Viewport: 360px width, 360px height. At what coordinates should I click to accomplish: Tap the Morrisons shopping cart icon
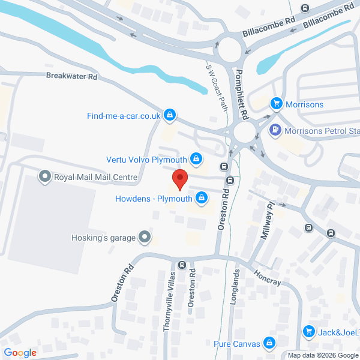click(276, 104)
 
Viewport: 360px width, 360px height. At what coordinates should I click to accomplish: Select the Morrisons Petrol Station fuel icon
click(275, 129)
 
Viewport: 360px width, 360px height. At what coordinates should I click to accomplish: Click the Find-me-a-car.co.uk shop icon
click(170, 115)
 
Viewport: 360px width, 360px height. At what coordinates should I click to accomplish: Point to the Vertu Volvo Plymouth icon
click(196, 159)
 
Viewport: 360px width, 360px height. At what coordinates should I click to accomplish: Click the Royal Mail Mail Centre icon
click(44, 177)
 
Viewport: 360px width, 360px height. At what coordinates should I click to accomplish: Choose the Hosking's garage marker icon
click(144, 238)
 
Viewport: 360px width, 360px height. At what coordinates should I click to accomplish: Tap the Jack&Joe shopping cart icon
click(309, 332)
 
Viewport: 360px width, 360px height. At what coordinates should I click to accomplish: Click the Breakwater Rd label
click(71, 76)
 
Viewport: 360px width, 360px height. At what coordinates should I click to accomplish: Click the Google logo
click(20, 353)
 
